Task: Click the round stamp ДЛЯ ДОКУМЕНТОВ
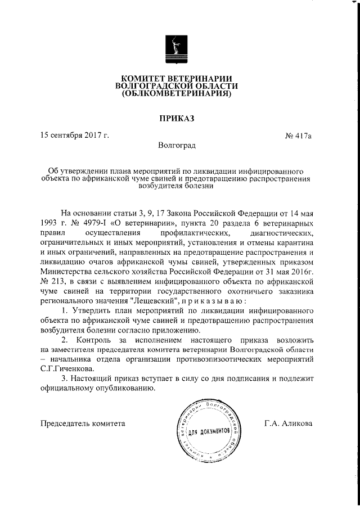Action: tap(208, 429)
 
